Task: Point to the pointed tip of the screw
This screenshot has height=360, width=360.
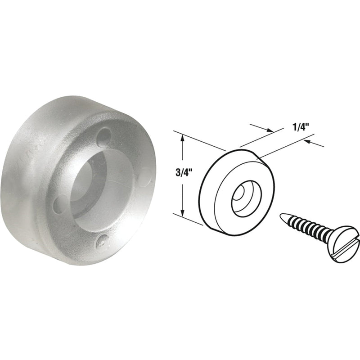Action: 281,216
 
